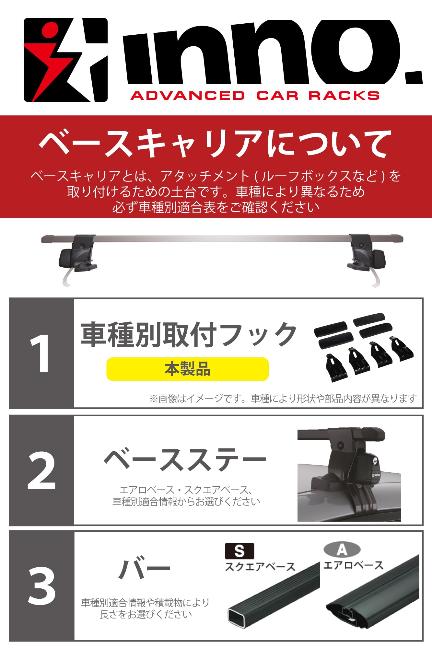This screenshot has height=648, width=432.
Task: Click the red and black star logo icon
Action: (65, 60)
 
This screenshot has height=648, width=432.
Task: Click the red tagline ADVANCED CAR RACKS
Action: (255, 96)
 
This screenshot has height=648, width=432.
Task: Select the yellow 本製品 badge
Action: (187, 369)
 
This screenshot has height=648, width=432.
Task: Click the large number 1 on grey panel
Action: (40, 353)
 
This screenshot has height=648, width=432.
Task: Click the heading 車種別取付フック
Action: (189, 334)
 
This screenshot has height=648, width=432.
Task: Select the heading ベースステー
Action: (185, 460)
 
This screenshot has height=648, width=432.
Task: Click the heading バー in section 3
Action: (144, 568)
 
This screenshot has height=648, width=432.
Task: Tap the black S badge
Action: (239, 551)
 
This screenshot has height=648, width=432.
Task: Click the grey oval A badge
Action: (342, 550)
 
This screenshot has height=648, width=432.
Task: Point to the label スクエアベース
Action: (260, 567)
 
